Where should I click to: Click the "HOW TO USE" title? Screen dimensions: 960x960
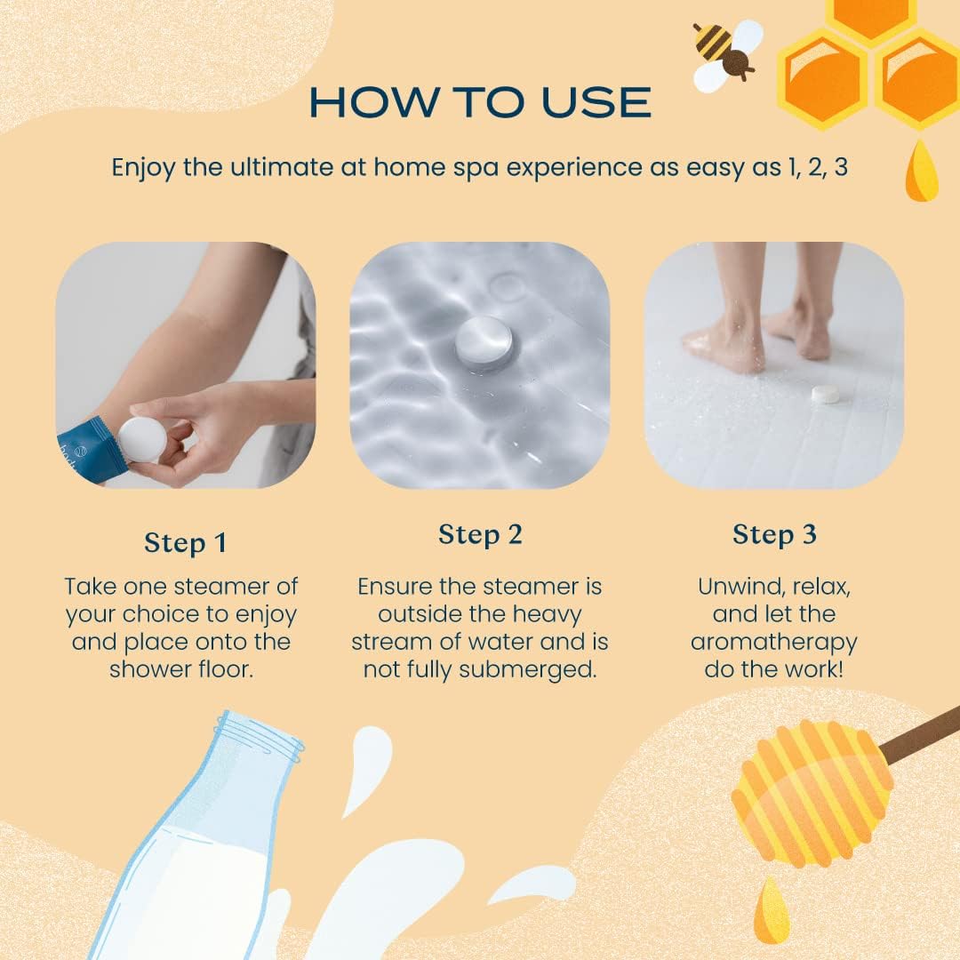pos(480,102)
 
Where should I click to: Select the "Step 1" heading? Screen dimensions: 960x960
pos(186,543)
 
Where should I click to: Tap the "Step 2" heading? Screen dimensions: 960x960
pos(480,534)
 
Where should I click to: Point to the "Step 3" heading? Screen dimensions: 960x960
pos(774,534)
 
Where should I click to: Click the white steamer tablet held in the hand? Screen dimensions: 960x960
pos(142,440)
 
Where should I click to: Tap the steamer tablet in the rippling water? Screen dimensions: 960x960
pos(484,342)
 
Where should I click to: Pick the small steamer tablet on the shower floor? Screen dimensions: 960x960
pos(824,394)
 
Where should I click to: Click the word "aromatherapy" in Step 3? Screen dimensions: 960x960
pos(774,643)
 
